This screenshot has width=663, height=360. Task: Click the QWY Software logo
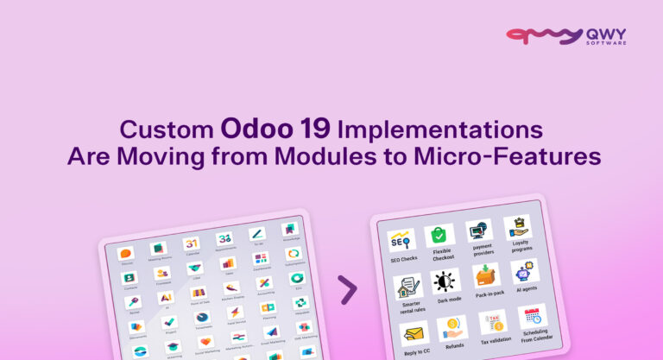click(565, 36)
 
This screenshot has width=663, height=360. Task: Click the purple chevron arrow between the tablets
click(347, 289)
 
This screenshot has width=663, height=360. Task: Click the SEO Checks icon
click(402, 239)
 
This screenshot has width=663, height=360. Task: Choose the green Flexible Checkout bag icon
click(439, 234)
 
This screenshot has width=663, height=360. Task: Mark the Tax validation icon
click(493, 322)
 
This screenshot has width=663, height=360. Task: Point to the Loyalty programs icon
click(517, 226)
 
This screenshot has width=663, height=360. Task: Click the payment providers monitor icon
click(479, 231)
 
